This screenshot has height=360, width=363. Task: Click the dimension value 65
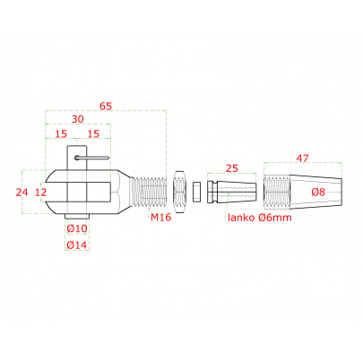coord(106,106)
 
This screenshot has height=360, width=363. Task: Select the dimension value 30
coord(78,119)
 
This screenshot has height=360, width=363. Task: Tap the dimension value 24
coord(22,193)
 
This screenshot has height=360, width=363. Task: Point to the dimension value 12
coord(41,193)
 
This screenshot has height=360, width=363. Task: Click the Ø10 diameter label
coord(77,228)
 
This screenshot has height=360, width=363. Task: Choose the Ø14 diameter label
coord(77,245)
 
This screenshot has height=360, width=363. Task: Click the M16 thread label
coord(160,218)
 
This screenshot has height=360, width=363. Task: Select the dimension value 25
coord(232,168)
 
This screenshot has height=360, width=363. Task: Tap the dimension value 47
coord(302,159)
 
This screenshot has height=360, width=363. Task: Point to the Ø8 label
coord(318,192)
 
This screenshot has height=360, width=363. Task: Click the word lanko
coord(241,218)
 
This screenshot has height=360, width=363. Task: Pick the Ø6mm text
coord(274,218)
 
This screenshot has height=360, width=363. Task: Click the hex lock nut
coord(179,192)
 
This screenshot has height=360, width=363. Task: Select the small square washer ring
coord(196,192)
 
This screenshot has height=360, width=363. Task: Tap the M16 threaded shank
coord(148,192)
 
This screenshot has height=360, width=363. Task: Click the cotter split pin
coord(92,158)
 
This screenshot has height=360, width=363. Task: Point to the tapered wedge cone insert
coord(231,192)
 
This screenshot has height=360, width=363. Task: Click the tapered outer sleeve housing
coord(303,192)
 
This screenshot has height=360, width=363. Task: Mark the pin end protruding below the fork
coord(77,216)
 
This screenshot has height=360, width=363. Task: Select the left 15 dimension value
coord(61,133)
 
